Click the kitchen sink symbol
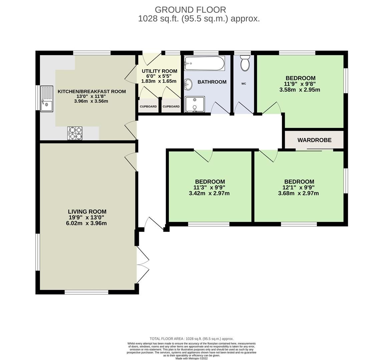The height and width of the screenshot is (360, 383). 47,99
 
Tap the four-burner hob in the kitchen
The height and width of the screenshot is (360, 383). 75,133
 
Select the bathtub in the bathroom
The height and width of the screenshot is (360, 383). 205,63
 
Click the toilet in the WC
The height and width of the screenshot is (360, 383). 245,63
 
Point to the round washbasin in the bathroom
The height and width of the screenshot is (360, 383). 188,85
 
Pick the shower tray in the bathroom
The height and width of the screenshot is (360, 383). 195,104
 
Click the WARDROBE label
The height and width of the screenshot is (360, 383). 314,140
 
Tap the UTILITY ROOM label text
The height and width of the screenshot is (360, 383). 159,71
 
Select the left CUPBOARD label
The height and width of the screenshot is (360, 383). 148,107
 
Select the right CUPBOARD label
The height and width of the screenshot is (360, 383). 171,107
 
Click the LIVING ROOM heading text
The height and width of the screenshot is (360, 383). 87,212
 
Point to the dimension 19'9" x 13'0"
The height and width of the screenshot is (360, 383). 87,217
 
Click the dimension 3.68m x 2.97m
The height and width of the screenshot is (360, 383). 298,193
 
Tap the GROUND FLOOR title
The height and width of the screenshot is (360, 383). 190,10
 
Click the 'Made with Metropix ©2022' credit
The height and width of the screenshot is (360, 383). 191,358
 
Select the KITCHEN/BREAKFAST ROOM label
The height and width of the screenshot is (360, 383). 92,91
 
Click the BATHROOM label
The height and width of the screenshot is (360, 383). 212,82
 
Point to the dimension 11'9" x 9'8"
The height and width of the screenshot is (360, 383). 300,84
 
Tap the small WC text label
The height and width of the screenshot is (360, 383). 244,84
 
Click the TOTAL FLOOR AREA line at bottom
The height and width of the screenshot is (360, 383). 191,339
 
